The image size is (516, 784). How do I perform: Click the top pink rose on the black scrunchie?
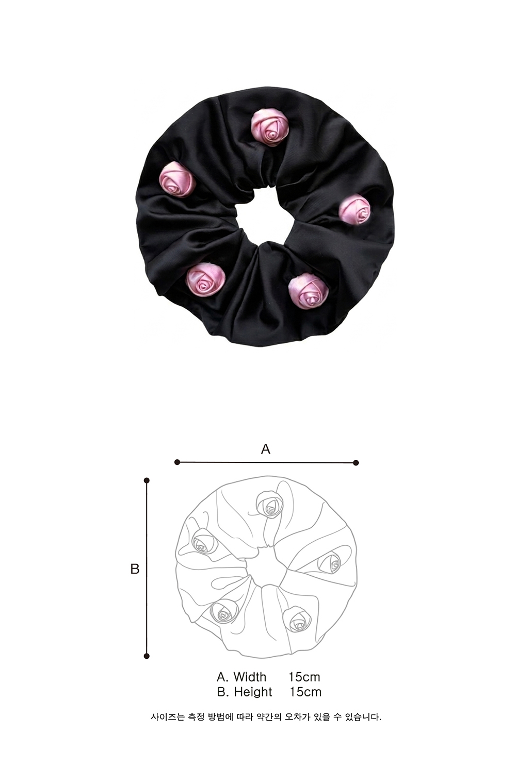270,126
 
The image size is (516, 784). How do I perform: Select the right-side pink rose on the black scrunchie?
354,210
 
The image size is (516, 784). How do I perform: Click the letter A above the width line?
266,449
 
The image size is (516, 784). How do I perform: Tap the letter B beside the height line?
135,569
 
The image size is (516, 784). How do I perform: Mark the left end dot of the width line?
178,462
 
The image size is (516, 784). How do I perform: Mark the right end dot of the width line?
356,463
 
